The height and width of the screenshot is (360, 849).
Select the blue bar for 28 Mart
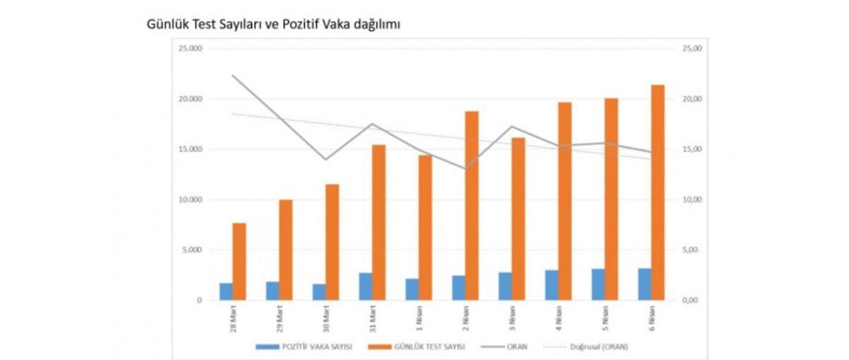pyautogui.click(x=226, y=291)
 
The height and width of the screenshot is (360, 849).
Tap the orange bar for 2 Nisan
pyautogui.click(x=472, y=205)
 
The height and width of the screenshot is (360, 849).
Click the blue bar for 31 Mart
pyautogui.click(x=366, y=286)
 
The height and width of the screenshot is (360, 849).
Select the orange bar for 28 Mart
pyautogui.click(x=239, y=261)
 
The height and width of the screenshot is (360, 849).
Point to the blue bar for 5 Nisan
pyautogui.click(x=599, y=284)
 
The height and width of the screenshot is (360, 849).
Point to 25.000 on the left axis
pyautogui.click(x=190, y=48)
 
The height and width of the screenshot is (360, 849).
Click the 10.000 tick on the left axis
pyautogui.click(x=190, y=199)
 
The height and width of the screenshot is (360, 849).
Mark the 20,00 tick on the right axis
pyautogui.click(x=691, y=99)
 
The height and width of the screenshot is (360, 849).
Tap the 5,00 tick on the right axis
pyautogui.click(x=690, y=250)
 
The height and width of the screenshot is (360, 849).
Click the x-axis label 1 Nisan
pyautogui.click(x=420, y=318)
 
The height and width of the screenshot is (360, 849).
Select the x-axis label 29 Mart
pyautogui.click(x=280, y=318)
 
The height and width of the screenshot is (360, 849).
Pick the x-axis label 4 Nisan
pyautogui.click(x=559, y=318)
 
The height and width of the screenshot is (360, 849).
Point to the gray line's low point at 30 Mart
pyautogui.click(x=325, y=159)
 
